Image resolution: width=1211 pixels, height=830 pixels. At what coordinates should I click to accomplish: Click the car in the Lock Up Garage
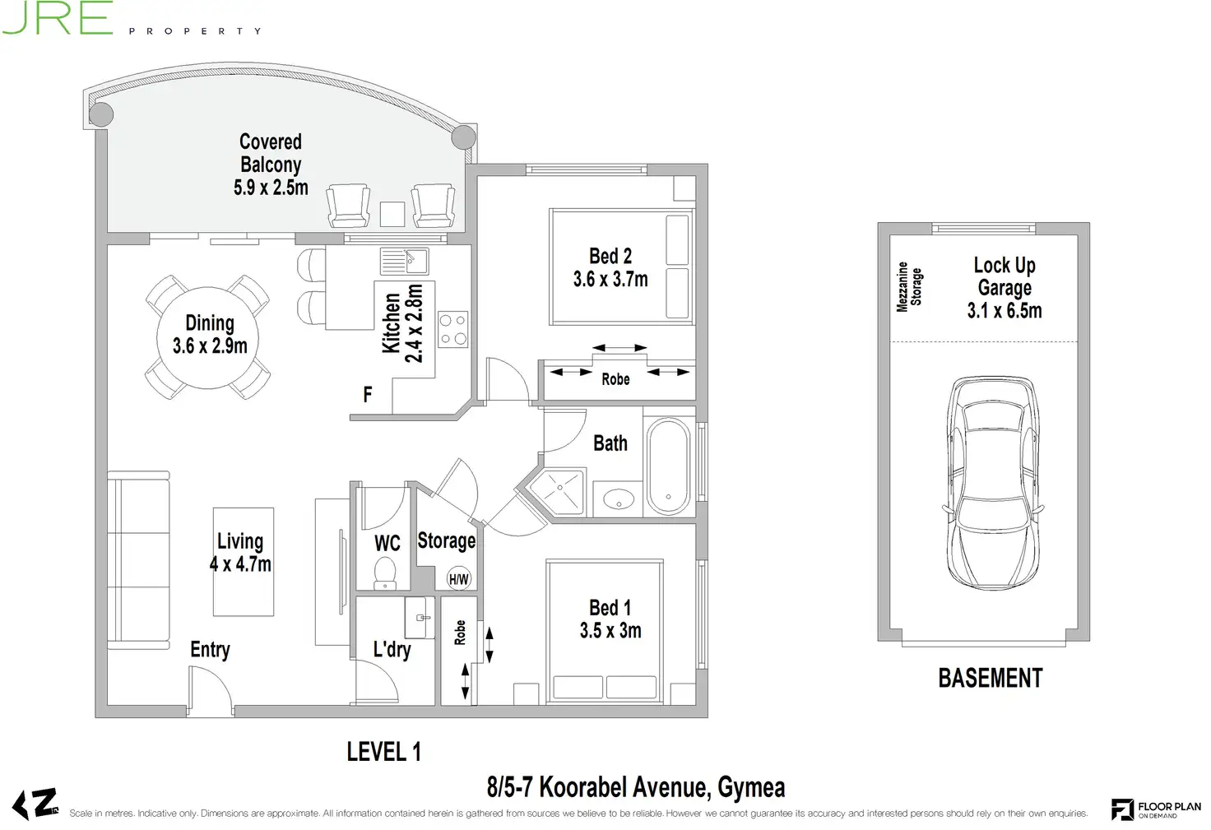993,483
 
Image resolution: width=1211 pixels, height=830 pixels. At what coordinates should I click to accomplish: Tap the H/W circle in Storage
459,579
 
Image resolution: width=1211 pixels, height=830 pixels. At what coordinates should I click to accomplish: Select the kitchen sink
405,261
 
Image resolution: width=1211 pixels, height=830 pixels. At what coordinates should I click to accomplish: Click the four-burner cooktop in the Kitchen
453,329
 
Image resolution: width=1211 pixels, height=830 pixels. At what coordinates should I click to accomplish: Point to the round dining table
207,338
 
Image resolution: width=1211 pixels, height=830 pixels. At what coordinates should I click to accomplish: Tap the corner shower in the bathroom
559,492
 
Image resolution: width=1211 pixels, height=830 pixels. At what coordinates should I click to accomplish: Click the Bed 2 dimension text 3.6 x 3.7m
610,279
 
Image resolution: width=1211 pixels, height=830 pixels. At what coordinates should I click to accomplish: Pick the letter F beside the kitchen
368,394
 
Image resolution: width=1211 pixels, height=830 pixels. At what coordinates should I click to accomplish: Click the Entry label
210,649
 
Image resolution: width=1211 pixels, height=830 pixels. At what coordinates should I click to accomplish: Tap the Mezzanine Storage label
909,286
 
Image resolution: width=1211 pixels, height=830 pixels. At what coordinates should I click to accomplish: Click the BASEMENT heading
991,678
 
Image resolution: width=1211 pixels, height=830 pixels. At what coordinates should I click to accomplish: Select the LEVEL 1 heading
384,752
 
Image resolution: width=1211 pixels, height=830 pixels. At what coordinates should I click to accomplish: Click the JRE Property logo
132,19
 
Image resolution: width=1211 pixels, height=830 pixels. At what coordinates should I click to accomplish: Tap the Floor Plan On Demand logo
1156,809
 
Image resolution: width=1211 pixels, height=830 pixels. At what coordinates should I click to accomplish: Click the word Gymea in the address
751,787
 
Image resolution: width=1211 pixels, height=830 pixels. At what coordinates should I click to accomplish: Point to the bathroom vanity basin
619,498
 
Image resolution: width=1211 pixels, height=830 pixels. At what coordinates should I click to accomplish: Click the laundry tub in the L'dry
420,617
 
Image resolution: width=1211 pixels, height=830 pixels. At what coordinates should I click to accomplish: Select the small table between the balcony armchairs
392,214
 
